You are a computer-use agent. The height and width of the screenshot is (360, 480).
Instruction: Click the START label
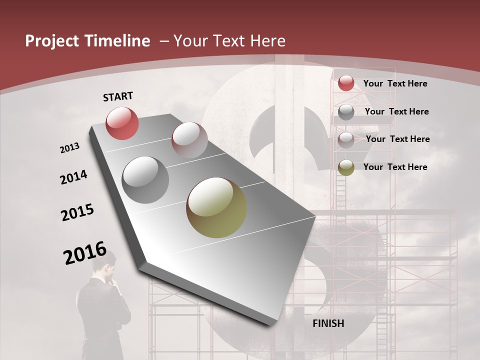click(x=118, y=96)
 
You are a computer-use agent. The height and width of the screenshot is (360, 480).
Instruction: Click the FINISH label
click(x=328, y=323)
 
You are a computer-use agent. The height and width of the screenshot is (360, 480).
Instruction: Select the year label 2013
click(x=70, y=148)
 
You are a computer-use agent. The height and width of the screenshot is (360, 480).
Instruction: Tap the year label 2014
click(x=73, y=177)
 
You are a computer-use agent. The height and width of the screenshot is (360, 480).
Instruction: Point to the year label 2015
click(x=77, y=213)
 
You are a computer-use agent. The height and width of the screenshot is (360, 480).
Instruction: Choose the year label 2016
click(x=85, y=253)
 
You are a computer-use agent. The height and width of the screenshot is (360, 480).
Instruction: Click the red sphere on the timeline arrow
click(x=122, y=123)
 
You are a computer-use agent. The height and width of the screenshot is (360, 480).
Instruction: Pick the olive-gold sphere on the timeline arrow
click(x=216, y=207)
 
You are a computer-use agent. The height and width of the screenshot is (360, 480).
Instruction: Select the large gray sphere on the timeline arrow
click(x=145, y=180)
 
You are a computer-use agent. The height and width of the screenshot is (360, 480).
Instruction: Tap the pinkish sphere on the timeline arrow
click(x=189, y=140)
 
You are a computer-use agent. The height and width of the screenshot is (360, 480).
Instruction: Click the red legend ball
click(x=346, y=83)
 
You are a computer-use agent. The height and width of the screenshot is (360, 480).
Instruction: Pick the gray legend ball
click(x=346, y=112)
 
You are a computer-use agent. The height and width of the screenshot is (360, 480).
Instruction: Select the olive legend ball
click(x=346, y=167)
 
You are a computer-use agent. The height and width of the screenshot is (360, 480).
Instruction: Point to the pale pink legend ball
click(x=346, y=140)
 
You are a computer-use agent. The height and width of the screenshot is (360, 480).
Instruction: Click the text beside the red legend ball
click(x=395, y=83)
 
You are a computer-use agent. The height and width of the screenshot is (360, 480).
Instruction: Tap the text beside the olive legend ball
click(x=395, y=167)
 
